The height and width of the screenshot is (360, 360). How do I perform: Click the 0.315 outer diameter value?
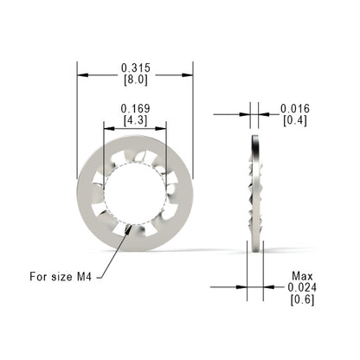136,68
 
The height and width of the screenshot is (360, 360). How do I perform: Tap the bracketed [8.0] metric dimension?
136,80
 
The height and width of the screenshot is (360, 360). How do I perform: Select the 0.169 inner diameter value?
135,109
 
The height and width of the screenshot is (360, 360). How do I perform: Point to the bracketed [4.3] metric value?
135,120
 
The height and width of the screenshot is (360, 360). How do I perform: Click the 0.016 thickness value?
295,109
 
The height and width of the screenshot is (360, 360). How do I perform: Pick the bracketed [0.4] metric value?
295,120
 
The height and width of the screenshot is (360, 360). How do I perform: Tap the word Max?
302,276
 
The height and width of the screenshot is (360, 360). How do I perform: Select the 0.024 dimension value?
302,287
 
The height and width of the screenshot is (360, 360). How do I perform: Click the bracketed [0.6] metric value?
302,299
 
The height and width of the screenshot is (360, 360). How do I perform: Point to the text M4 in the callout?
85,277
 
